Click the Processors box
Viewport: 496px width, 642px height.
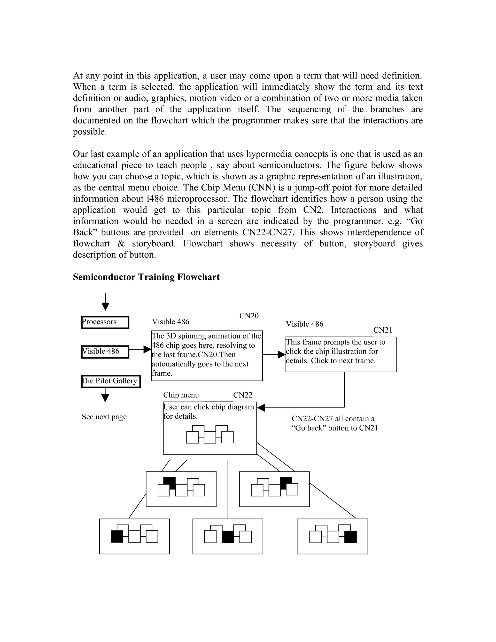pyautogui.click(x=105, y=322)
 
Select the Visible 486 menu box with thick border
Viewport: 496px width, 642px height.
pyautogui.click(x=105, y=352)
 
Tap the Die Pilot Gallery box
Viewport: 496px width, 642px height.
pyautogui.click(x=111, y=381)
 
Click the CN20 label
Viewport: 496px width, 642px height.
pyautogui.click(x=249, y=316)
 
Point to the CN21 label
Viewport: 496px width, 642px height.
pyautogui.click(x=383, y=330)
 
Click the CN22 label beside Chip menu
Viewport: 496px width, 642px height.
pyautogui.click(x=243, y=395)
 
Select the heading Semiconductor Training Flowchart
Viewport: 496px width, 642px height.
pyautogui.click(x=146, y=277)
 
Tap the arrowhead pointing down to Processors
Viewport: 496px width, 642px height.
pyautogui.click(x=105, y=307)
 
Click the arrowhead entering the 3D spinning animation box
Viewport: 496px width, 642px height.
pyautogui.click(x=147, y=349)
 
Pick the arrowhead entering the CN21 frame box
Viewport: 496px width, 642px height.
pyautogui.click(x=281, y=354)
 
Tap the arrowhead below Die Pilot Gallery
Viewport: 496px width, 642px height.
pyautogui.click(x=105, y=398)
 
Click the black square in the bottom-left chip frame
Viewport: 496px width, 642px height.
pyautogui.click(x=117, y=536)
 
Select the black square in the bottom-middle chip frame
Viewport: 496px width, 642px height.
pyautogui.click(x=228, y=536)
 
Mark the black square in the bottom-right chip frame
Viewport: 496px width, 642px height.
pyautogui.click(x=350, y=536)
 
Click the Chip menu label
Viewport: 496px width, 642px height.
pyautogui.click(x=181, y=395)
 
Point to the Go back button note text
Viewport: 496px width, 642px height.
pyautogui.click(x=334, y=423)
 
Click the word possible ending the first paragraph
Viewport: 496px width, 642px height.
pyautogui.click(x=89, y=132)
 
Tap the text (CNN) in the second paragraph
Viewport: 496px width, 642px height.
pyautogui.click(x=262, y=188)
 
